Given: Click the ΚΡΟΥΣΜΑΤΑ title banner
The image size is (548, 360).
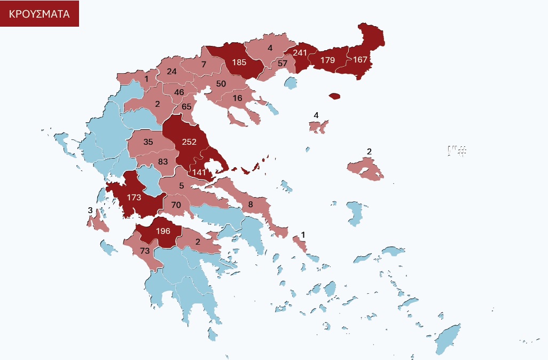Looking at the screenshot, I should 40,14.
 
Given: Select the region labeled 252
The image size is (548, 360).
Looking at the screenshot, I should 189,142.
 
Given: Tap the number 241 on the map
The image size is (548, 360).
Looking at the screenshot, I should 300,53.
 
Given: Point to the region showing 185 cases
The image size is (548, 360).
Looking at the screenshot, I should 239,62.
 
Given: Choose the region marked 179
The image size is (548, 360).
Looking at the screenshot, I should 327,60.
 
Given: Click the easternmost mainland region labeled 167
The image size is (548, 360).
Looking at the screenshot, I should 360,59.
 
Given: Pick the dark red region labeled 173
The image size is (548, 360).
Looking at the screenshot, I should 134,198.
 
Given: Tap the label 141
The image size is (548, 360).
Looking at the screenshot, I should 199,172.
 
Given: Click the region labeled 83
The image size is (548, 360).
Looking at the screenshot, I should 163,161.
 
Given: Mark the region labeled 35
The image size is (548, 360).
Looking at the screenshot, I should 148,142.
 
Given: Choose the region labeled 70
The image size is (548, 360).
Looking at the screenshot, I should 177,205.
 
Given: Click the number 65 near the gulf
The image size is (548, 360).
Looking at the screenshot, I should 186,106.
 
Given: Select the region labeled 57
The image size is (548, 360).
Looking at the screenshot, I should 283,64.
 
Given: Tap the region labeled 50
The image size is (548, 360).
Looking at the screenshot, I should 221,83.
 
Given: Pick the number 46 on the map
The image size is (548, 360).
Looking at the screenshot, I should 179,92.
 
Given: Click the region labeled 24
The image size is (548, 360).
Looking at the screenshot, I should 171,71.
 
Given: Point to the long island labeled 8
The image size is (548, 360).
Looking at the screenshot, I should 250,204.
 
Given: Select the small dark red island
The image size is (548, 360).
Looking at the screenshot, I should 334,96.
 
